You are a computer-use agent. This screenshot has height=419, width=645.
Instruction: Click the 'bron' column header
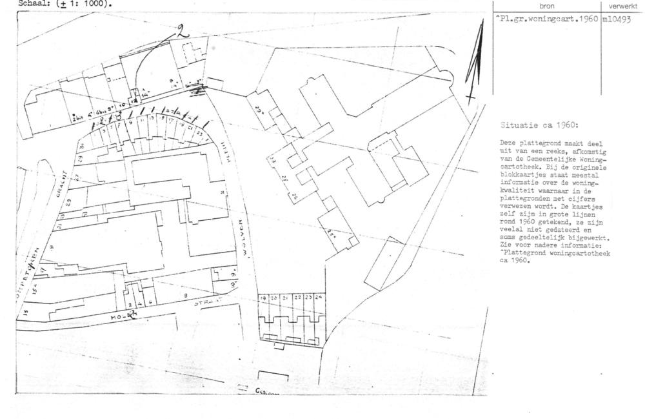pyautogui.click(x=546, y=5)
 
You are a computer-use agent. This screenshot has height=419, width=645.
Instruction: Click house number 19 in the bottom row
pyautogui.click(x=263, y=298)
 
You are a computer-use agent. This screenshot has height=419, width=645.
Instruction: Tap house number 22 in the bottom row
pyautogui.click(x=298, y=298)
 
